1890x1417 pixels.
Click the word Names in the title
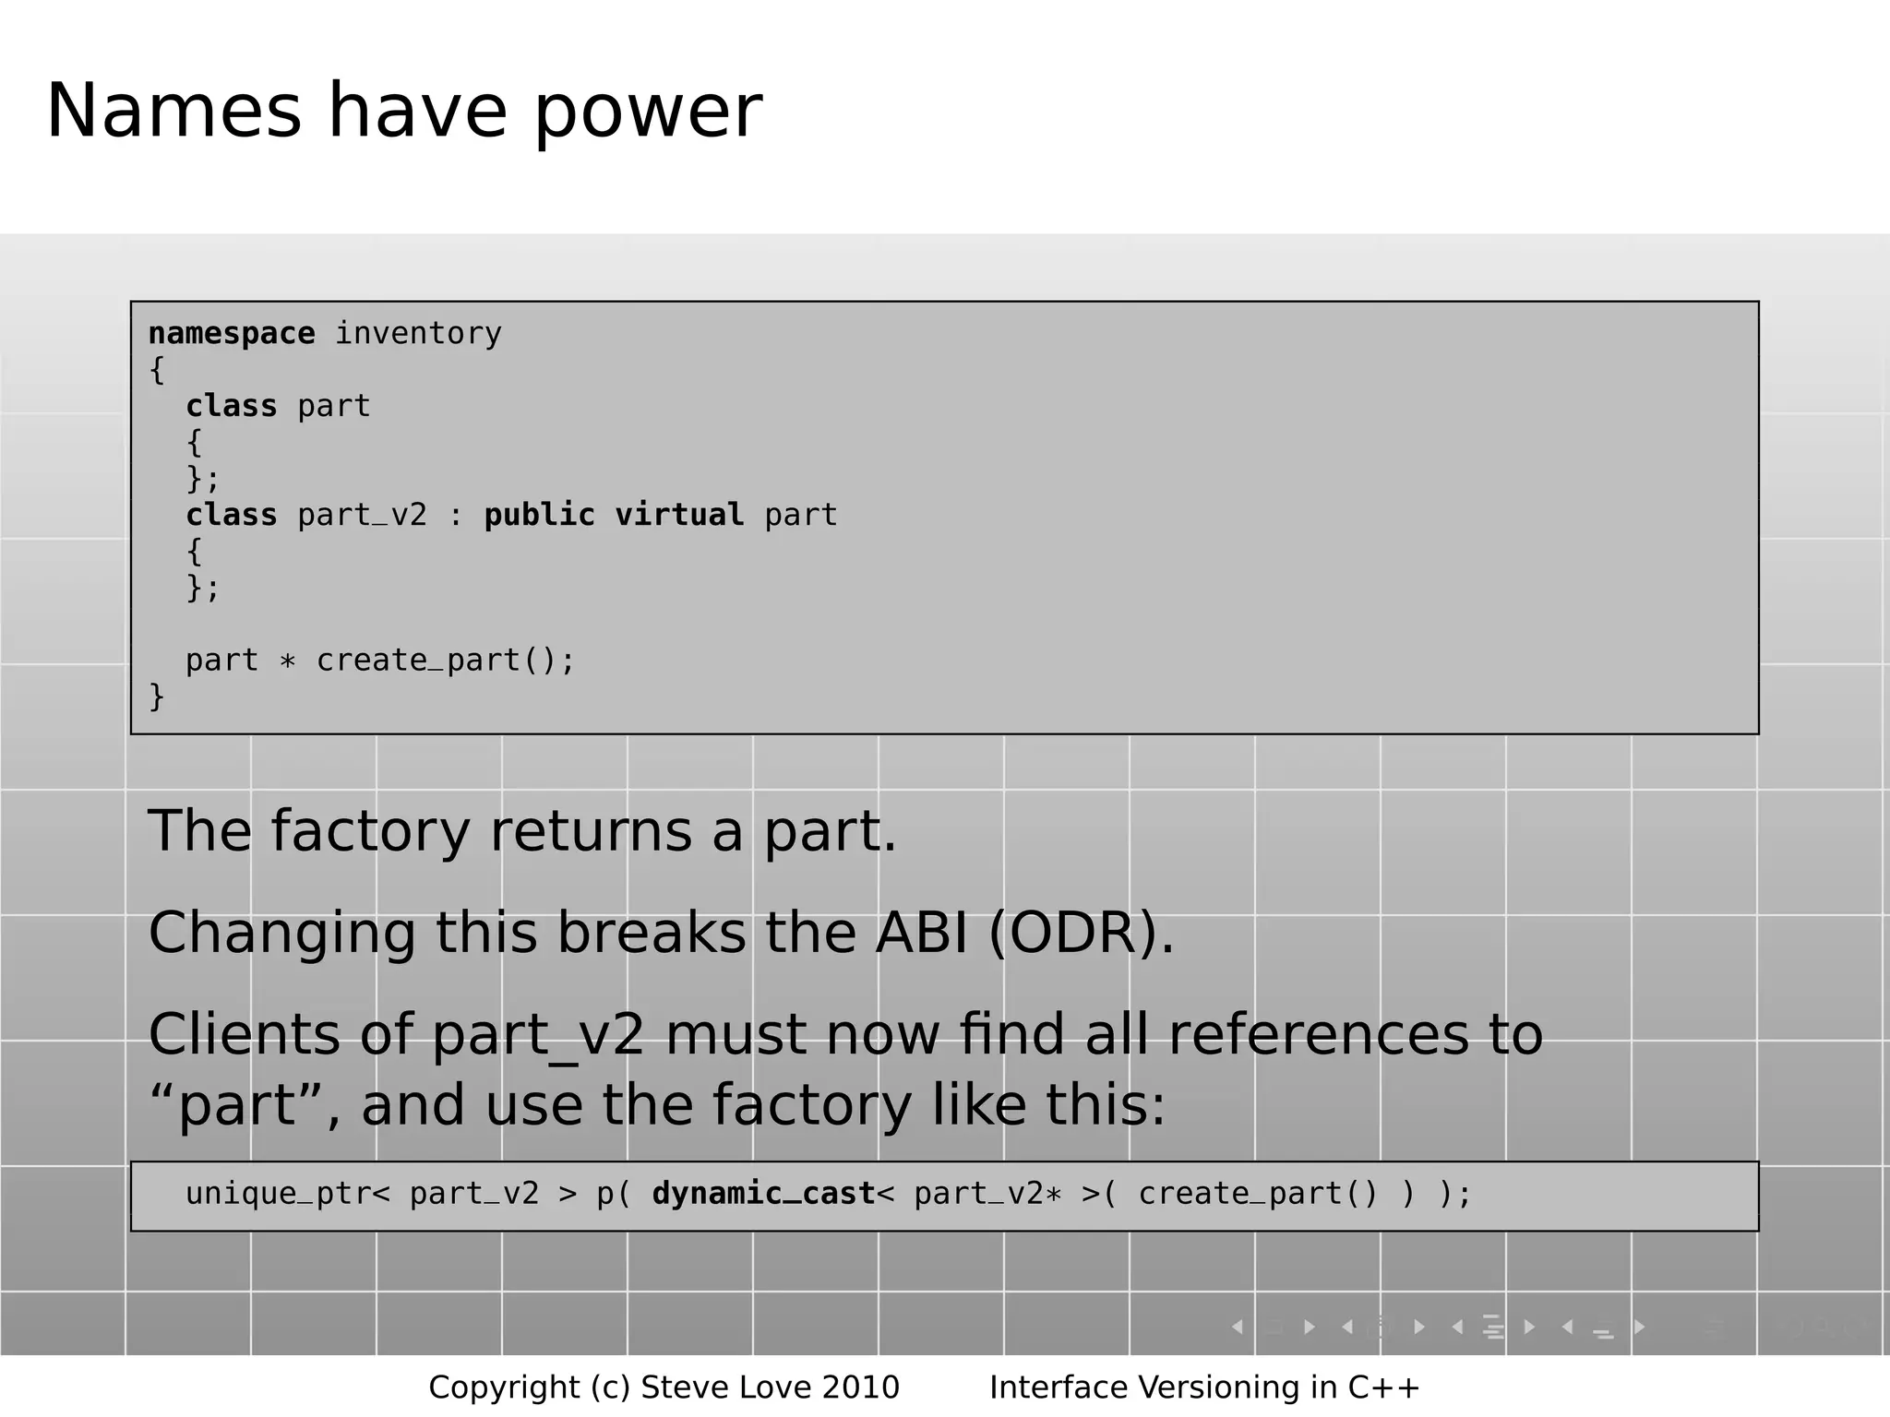coord(173,112)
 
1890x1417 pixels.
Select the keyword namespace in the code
coord(232,333)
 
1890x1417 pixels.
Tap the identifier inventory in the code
coord(418,333)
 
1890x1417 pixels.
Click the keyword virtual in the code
coord(679,515)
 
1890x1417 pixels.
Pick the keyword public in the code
coord(540,515)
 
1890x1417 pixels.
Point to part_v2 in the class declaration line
coord(362,516)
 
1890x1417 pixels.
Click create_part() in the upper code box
coord(437,661)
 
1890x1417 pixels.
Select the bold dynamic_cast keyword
coord(763,1194)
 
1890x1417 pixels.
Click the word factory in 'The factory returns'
coord(370,831)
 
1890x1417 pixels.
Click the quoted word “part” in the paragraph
coord(236,1105)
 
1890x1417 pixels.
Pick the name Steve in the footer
coord(680,1387)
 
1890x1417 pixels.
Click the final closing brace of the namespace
coord(156,696)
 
